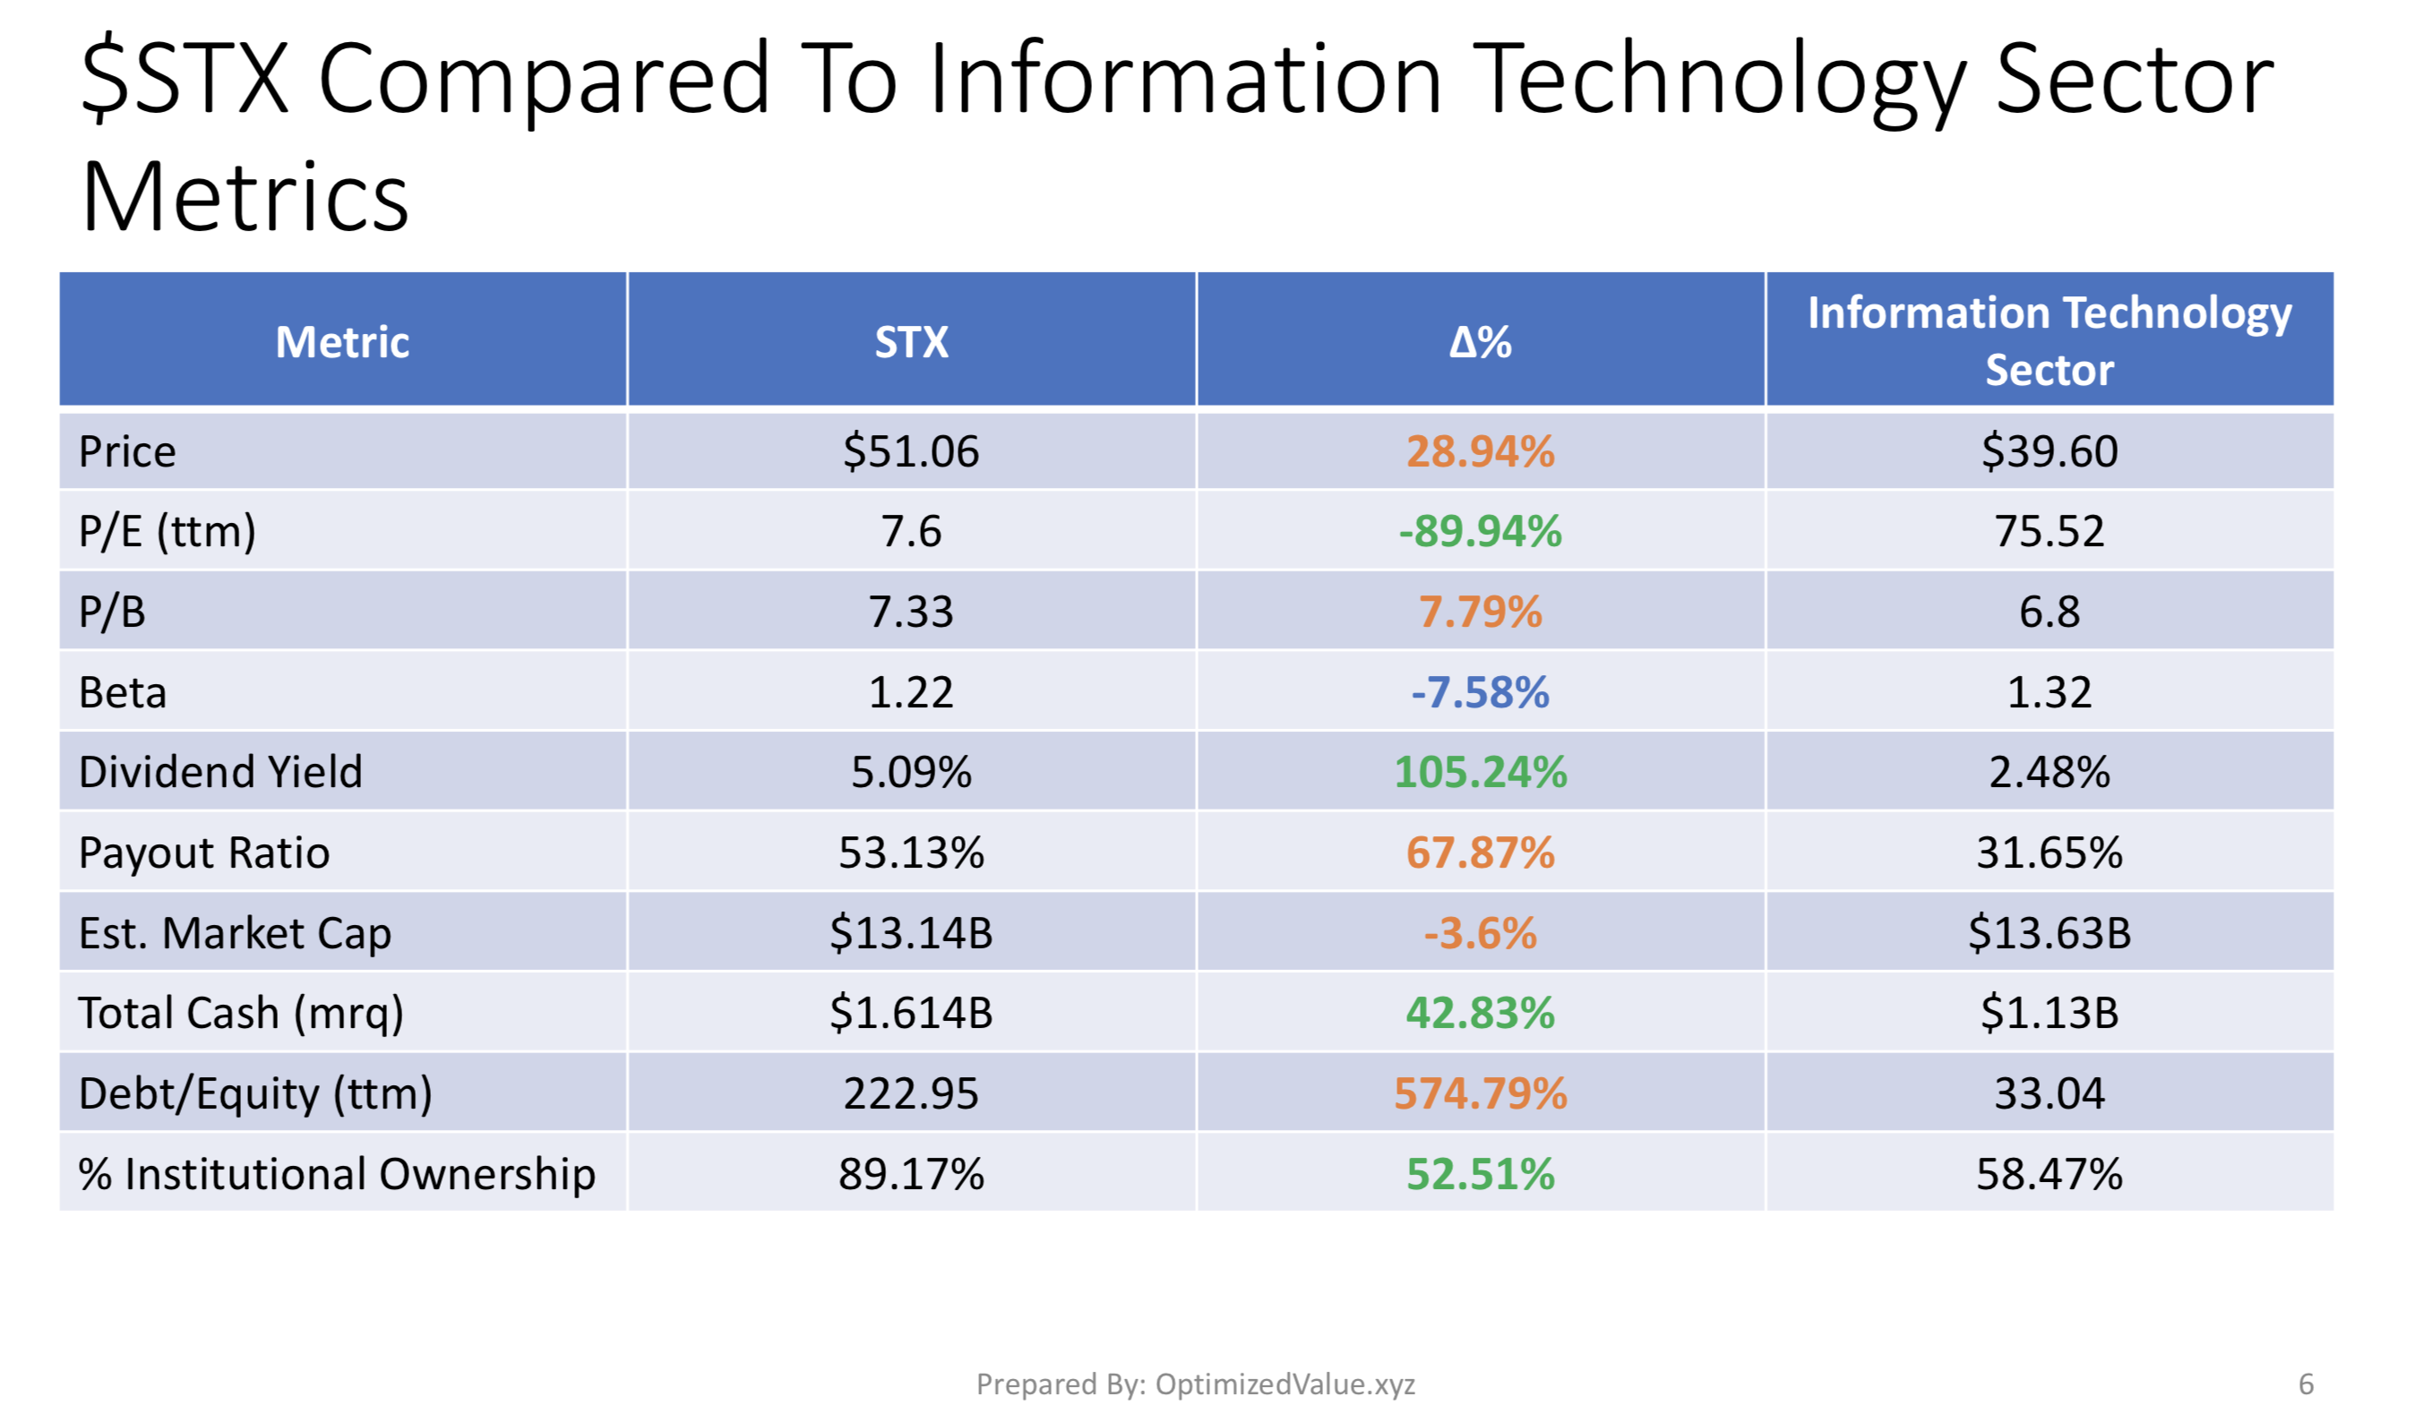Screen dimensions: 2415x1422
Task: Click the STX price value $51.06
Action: point(910,451)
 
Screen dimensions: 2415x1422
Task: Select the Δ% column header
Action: point(1480,342)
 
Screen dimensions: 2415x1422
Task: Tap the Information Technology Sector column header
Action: point(2049,340)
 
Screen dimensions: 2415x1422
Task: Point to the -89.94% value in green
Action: point(1480,531)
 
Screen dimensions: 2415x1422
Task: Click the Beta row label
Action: point(123,692)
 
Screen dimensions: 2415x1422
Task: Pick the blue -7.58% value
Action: point(1480,692)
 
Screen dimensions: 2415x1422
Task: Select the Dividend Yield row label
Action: point(220,771)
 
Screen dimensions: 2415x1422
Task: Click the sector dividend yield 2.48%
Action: point(2049,771)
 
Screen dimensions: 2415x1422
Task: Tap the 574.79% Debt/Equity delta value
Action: point(1480,1093)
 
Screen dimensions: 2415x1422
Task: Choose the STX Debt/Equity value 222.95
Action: point(910,1093)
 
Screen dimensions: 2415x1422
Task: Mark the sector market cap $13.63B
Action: point(2049,932)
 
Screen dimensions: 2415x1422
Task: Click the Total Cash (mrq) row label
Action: point(241,1014)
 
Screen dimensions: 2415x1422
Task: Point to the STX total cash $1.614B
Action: point(910,1013)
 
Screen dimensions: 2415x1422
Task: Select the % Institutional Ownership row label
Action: point(337,1175)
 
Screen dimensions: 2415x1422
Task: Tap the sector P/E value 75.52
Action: point(2049,531)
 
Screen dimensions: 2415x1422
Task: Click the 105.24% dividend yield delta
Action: point(1480,771)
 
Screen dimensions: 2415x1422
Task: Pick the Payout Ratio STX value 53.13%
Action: point(910,852)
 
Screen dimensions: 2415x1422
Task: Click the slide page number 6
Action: point(2306,1383)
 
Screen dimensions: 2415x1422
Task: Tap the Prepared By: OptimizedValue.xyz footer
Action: point(1195,1383)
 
